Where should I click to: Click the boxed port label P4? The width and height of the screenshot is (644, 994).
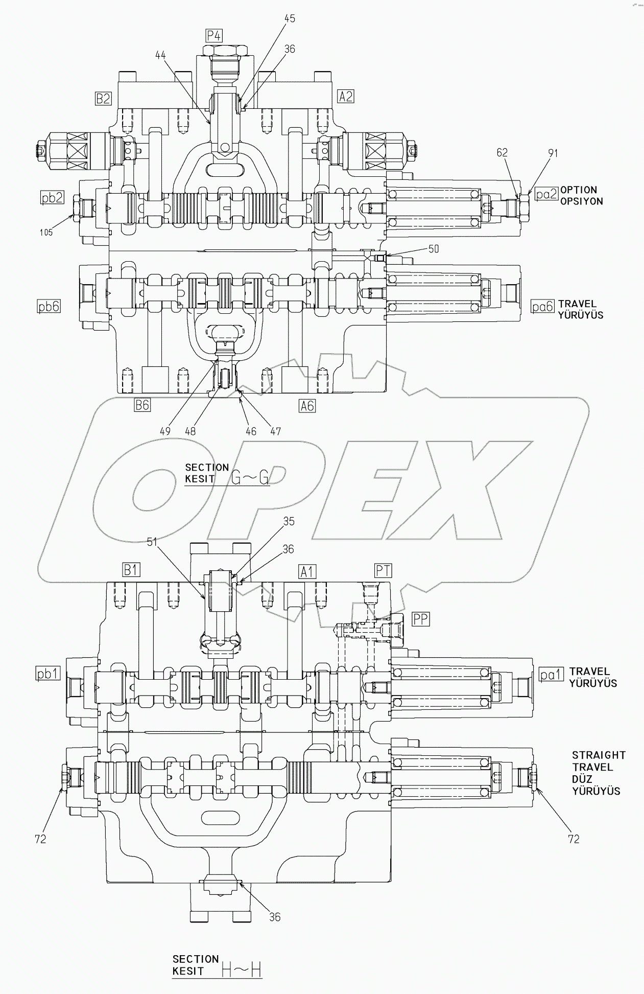coord(214,36)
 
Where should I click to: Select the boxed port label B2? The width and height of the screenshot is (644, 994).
coord(103,98)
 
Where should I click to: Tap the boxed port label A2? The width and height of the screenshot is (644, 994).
coord(346,96)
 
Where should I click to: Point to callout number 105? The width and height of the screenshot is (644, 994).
coord(46,233)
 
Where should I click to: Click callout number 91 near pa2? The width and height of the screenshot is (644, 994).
coord(553,153)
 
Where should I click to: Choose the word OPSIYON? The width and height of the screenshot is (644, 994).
coord(581,201)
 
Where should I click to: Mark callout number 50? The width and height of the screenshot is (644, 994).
coord(434,249)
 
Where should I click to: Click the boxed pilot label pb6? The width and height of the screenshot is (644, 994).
coord(49,306)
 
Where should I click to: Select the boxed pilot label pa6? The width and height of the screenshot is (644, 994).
coord(542,306)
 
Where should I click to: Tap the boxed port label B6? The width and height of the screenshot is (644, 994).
coord(142,405)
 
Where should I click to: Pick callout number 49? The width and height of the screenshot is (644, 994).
coord(164,431)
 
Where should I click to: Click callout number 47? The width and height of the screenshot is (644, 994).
coord(275,431)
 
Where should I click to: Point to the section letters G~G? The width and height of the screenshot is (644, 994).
coord(250,478)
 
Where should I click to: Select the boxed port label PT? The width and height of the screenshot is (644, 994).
coord(383,570)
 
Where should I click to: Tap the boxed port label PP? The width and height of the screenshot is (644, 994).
coord(421,619)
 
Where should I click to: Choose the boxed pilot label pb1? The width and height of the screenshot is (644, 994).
coord(47,674)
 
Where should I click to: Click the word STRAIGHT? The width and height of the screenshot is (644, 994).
coord(599,755)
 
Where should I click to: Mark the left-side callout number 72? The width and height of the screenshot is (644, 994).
coord(40,839)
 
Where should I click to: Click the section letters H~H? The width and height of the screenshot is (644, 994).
coord(242,969)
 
